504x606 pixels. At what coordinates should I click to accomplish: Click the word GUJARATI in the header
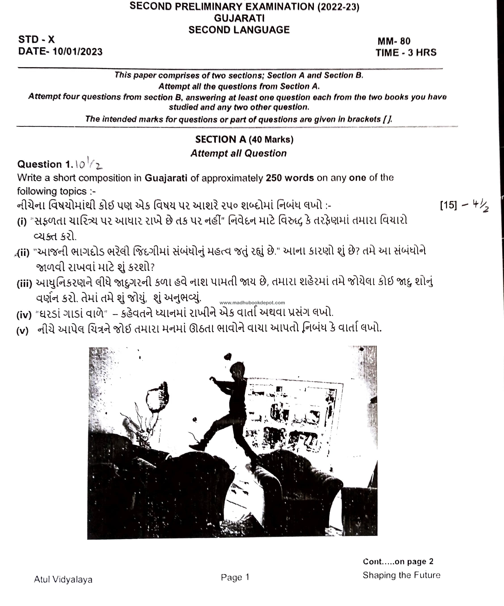click(x=239, y=18)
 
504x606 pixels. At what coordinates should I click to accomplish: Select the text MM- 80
click(x=394, y=41)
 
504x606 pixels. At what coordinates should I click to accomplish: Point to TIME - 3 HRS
click(x=406, y=53)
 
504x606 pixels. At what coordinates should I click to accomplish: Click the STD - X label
click(x=36, y=39)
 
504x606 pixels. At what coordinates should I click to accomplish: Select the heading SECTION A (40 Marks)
click(x=244, y=140)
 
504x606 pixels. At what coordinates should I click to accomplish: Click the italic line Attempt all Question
click(x=239, y=153)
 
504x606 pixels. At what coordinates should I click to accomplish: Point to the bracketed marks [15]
click(x=448, y=205)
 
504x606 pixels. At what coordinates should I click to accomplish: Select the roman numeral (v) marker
click(x=23, y=331)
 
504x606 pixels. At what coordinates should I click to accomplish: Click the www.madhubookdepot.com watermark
click(x=252, y=303)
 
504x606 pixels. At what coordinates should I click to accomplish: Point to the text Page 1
click(x=235, y=577)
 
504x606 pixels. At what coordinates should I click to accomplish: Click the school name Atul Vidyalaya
click(x=63, y=579)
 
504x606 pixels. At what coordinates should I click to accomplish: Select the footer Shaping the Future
click(x=401, y=575)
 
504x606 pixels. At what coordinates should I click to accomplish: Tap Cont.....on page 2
click(x=398, y=562)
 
